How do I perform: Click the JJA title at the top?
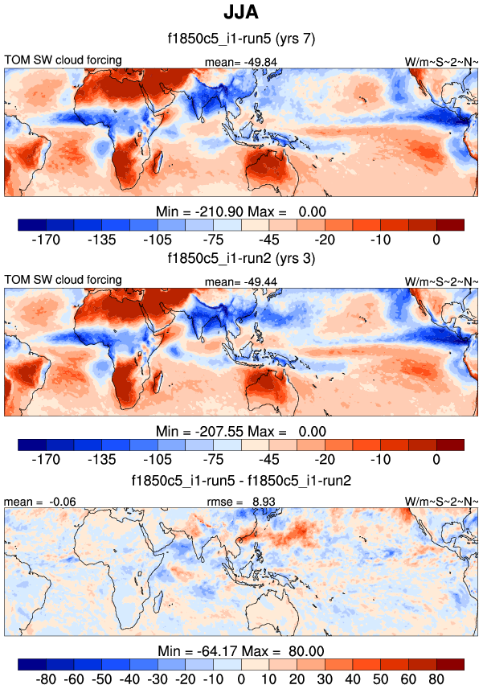(241, 13)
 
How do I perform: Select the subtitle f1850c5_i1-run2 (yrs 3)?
(241, 259)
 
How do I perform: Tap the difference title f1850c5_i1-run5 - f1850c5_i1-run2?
(241, 480)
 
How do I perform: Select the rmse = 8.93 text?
(242, 501)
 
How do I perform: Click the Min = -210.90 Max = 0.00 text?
(241, 211)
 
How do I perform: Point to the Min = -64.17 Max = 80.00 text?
(241, 650)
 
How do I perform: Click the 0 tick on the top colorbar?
(436, 239)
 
